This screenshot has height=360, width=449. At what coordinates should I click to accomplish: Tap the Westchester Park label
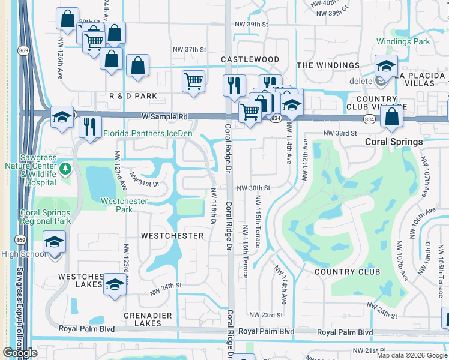[x=124, y=205]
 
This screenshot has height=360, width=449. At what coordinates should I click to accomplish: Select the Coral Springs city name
[x=394, y=142]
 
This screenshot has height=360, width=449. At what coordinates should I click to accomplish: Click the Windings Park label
[x=403, y=42]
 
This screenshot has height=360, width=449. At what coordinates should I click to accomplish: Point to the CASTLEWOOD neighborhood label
[x=250, y=59]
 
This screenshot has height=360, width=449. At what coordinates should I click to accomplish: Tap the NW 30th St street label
[x=253, y=188]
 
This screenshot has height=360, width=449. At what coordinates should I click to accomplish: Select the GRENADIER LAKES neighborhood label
[x=148, y=319]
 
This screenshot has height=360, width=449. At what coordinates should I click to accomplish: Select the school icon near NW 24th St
[x=115, y=284]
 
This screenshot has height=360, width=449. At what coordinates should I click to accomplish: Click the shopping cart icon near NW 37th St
[x=193, y=80]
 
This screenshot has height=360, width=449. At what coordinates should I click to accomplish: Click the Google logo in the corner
[x=20, y=353]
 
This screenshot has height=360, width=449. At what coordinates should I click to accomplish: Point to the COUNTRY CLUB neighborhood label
[x=348, y=272]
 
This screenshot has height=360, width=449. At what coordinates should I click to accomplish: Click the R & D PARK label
[x=133, y=96]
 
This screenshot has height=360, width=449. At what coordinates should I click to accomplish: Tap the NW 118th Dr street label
[x=213, y=207]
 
